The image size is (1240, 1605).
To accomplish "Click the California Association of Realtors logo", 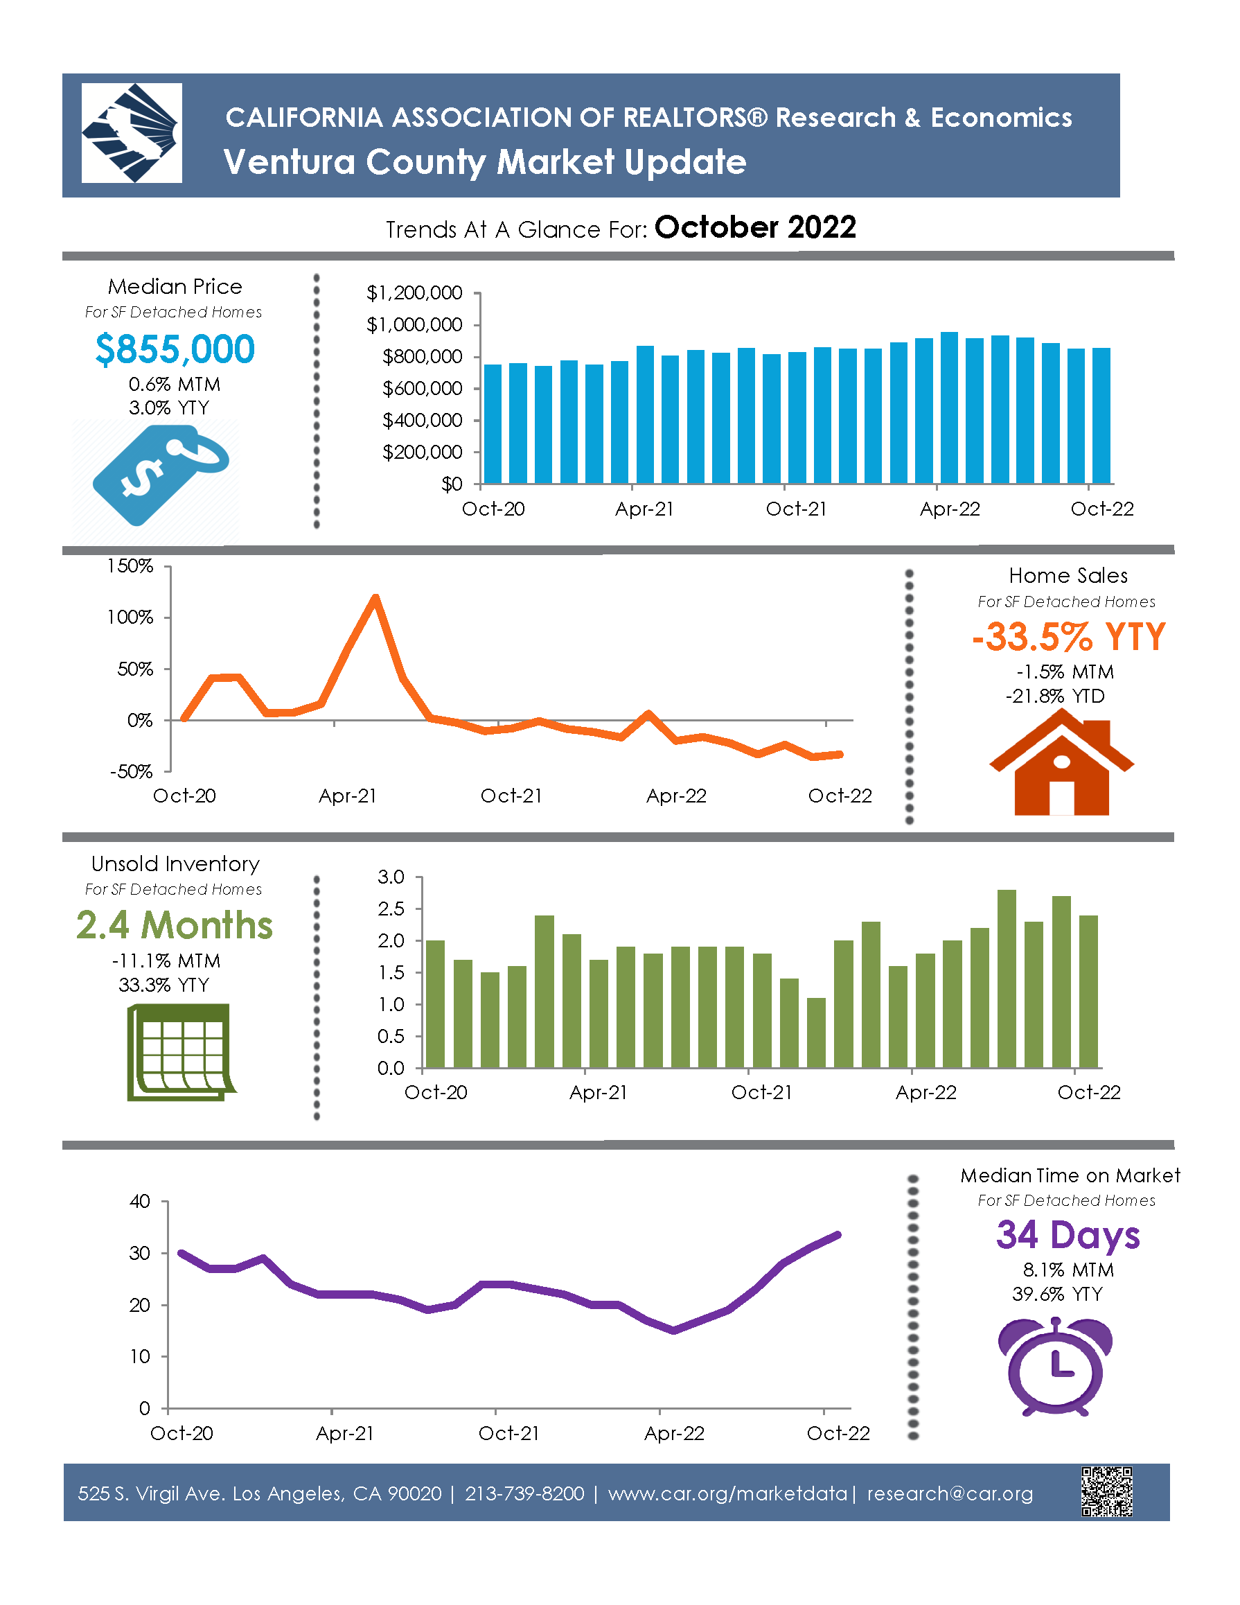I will pos(132,133).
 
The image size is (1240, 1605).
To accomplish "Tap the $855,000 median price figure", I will pos(175,349).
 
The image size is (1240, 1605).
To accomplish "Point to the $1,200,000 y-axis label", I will pos(414,293).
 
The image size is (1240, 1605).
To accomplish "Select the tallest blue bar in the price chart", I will pos(949,408).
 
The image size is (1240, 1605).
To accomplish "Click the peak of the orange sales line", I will pos(375,597).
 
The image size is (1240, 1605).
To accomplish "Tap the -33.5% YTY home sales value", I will pos(1068,636).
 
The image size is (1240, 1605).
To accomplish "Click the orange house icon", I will pos(1061,768).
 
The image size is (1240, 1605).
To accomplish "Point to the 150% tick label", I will pos(130,566).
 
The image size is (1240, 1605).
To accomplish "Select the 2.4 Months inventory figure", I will pos(174,925).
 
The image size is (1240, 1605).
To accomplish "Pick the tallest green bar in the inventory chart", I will pos(1007,978).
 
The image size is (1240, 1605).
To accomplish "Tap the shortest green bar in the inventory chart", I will pos(816,1032).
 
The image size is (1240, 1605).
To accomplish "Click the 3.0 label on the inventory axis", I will pos(391,877).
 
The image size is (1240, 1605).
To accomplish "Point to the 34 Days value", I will pos(1068,1236).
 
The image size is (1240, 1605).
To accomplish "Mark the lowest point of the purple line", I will pos(673,1331).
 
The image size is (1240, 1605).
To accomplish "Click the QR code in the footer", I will pos(1106,1492).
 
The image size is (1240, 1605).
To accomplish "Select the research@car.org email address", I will pos(950,1494).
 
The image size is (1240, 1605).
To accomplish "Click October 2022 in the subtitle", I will pos(755,228).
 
